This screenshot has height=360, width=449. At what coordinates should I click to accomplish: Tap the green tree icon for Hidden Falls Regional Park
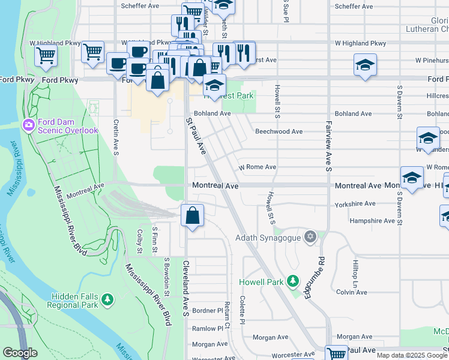(x=107, y=299)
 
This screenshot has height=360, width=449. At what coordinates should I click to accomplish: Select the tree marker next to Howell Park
(x=292, y=281)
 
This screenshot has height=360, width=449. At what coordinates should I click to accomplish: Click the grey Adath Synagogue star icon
(x=310, y=237)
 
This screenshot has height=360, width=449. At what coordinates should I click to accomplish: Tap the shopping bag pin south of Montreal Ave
(x=191, y=217)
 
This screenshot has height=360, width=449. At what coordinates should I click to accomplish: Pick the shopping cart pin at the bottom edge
(x=336, y=354)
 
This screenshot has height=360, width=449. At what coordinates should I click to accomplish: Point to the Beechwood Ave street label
(x=279, y=131)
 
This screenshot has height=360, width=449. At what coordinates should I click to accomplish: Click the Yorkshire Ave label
(x=355, y=203)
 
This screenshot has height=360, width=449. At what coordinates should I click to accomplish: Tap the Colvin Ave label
(x=351, y=292)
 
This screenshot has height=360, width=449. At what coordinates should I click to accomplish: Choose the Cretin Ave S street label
(x=115, y=137)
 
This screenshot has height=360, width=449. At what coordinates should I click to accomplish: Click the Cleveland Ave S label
(x=187, y=288)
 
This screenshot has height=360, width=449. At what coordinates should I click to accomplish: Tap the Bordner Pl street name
(x=208, y=311)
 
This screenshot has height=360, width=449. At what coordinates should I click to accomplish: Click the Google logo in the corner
(x=20, y=353)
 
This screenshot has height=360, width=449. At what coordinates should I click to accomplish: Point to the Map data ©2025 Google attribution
(x=411, y=355)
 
